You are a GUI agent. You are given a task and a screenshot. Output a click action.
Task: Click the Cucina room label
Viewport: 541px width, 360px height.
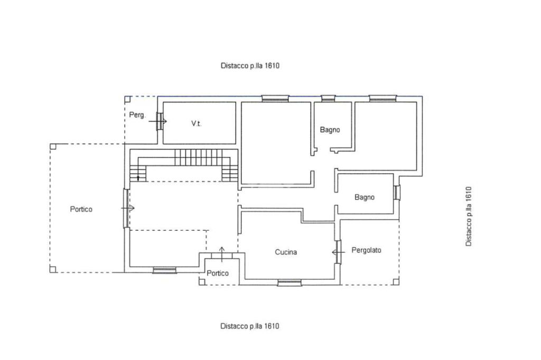(286, 252)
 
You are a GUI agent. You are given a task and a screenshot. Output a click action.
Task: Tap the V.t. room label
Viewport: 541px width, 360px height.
(197, 124)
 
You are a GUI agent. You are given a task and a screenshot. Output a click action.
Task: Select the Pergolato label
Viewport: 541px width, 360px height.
(366, 250)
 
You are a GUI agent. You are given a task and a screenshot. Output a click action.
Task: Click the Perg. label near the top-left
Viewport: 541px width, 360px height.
(137, 115)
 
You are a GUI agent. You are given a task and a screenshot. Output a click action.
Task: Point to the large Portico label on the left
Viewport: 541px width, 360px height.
(81, 209)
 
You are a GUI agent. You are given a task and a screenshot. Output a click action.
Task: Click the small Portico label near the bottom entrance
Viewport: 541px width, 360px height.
(217, 273)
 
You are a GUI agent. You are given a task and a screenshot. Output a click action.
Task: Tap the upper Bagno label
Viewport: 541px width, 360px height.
(330, 130)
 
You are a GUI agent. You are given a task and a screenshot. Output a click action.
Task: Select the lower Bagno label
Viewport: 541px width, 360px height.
(365, 197)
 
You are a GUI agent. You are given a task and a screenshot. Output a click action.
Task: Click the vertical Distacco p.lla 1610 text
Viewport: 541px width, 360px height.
(468, 216)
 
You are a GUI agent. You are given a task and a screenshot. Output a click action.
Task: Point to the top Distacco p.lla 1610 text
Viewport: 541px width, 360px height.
(250, 65)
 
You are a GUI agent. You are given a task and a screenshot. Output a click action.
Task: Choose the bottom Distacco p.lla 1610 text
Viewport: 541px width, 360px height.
(250, 326)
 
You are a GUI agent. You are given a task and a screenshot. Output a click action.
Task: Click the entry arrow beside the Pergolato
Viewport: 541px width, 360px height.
(338, 252)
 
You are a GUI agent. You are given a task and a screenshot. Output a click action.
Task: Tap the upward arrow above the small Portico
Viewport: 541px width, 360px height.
(222, 253)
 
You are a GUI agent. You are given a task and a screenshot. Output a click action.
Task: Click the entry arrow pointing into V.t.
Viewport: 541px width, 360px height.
(158, 121)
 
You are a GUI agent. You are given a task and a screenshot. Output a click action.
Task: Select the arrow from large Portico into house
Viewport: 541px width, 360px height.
(128, 209)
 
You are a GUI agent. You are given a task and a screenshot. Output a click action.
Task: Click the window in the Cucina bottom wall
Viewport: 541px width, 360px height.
(290, 283)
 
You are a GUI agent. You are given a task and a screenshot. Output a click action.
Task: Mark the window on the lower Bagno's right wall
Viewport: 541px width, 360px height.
(397, 193)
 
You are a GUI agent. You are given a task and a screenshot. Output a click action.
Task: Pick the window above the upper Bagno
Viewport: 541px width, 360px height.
(328, 99)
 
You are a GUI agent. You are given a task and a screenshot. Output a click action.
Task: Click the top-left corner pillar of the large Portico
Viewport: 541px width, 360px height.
(53, 147)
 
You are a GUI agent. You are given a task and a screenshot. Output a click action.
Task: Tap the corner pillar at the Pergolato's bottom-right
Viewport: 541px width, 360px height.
(396, 282)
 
